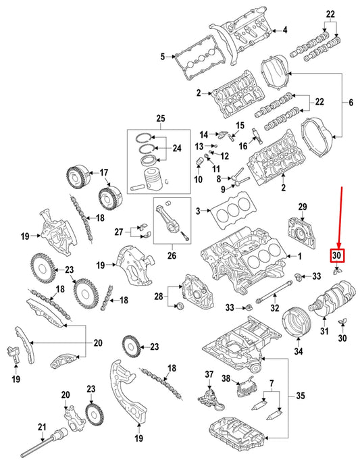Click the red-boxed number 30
337,255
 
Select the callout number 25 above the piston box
160,120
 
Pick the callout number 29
303,205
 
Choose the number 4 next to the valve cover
284,30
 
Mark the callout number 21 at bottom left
41,426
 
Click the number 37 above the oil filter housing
209,375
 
